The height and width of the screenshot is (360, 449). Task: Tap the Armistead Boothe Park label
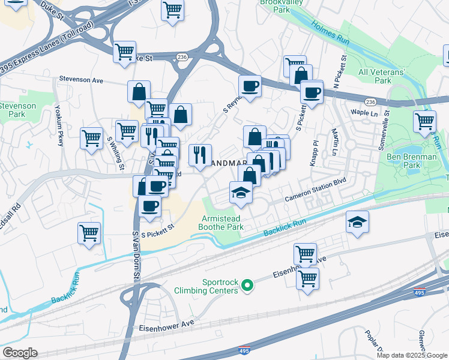(x=223, y=223)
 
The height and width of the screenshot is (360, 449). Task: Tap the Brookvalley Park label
(x=279, y=6)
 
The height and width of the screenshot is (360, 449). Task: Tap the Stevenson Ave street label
(x=82, y=79)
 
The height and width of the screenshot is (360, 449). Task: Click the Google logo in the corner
(x=19, y=353)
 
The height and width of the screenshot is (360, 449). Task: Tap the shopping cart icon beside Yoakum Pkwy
(x=91, y=137)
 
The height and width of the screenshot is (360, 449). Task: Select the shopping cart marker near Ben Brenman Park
(x=424, y=121)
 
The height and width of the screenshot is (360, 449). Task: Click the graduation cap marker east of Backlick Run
(x=357, y=222)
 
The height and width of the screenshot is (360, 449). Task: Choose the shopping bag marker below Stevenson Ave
(x=139, y=92)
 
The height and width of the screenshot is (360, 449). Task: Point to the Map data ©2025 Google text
(x=412, y=355)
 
